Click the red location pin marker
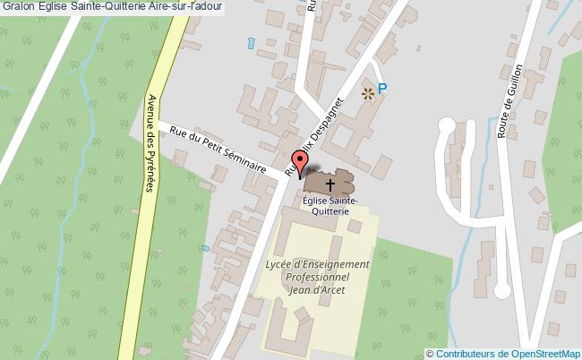pyautogui.click(x=302, y=163)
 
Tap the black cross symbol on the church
pyautogui.click(x=330, y=184)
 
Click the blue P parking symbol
pyautogui.click(x=382, y=89)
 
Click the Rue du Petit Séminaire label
pyautogui.click(x=218, y=148)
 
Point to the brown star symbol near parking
pyautogui.click(x=365, y=91)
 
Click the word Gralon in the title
pyautogui.click(x=19, y=6)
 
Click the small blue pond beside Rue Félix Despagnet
pyautogui.click(x=250, y=42)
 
